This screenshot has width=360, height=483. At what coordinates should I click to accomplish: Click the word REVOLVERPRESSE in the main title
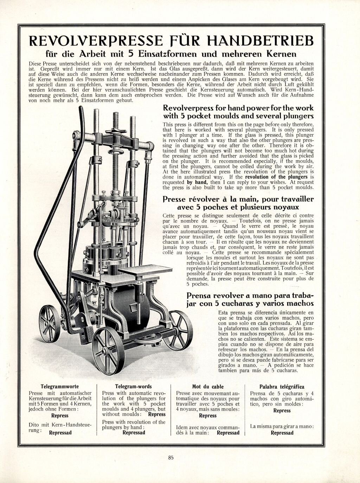coord(96,41)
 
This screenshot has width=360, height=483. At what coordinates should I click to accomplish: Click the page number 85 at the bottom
coord(171,457)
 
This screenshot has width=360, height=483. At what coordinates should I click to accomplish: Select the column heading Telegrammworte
coord(60,386)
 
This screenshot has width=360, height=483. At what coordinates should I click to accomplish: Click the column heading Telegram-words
coord(134,386)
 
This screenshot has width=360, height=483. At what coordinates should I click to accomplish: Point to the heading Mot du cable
coord(208,386)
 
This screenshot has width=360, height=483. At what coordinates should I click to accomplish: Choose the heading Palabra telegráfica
coord(282,386)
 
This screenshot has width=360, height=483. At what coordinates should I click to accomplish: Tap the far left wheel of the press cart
coord(50,324)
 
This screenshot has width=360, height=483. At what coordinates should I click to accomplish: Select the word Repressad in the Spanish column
coord(282,433)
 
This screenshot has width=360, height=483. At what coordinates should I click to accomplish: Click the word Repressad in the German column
coord(60,433)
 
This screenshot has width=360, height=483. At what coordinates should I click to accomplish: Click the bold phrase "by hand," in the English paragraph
coord(197,182)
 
